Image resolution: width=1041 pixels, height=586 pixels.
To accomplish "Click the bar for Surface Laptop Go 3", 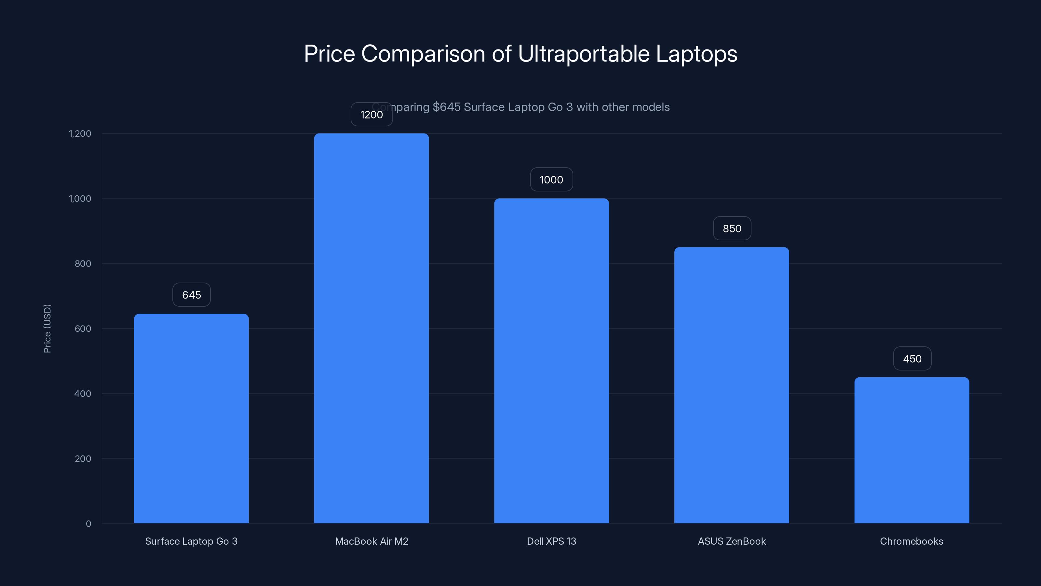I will coord(191,419).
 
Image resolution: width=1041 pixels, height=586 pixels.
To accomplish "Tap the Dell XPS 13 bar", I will coord(551,360).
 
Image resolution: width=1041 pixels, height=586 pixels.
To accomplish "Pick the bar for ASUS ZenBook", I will coord(731,385).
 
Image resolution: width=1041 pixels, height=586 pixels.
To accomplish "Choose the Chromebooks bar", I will coord(912,450).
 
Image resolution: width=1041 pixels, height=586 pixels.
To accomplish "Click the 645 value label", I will coord(192,295).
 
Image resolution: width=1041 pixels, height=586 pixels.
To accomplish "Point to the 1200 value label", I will coord(372,115).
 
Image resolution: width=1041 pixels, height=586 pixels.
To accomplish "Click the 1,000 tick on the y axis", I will coord(80,199).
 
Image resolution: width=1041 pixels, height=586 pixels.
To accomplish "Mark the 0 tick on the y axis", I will coord(88,524).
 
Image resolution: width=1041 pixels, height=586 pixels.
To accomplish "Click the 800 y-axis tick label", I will coord(83,264).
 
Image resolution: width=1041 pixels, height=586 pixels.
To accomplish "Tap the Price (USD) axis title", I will coord(47,328).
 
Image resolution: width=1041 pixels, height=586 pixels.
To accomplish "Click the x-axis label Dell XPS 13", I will coord(551,541).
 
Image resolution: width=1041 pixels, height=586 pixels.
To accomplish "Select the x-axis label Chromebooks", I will coord(911,541).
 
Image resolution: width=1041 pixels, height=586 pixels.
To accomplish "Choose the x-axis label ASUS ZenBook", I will coord(731,541).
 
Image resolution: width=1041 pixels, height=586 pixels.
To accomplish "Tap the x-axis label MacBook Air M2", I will coord(372,541).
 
